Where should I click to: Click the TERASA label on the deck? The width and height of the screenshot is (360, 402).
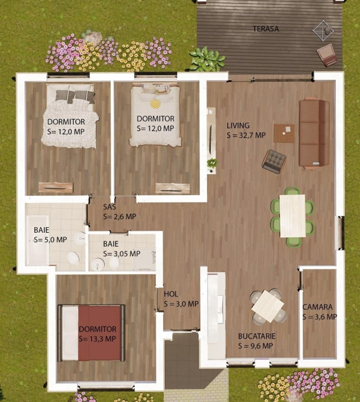pyautogui.click(x=266, y=29)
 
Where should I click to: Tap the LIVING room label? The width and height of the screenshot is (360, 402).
pyautogui.click(x=238, y=125)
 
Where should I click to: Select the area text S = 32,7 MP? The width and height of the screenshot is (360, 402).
pyautogui.click(x=246, y=135)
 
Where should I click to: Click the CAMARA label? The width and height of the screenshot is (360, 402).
pyautogui.click(x=317, y=307)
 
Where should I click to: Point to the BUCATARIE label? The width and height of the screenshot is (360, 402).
pyautogui.click(x=256, y=336)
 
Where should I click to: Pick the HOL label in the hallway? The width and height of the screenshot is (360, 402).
pyautogui.click(x=171, y=294)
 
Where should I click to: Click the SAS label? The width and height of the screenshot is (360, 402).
pyautogui.click(x=110, y=207)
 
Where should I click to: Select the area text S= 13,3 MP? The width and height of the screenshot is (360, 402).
pyautogui.click(x=97, y=338)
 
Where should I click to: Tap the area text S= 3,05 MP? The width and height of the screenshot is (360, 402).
pyautogui.click(x=122, y=254)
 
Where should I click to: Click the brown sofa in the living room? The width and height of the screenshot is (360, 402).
pyautogui.click(x=314, y=133)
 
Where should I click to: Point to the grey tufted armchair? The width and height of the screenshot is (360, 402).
pyautogui.click(x=274, y=161)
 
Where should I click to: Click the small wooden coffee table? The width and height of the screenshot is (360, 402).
pyautogui.click(x=284, y=133)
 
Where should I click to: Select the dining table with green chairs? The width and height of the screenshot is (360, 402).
pyautogui.click(x=292, y=216)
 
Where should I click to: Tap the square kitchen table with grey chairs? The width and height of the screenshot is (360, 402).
pyautogui.click(x=268, y=306)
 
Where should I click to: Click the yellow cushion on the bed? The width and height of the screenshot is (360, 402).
pyautogui.click(x=155, y=103)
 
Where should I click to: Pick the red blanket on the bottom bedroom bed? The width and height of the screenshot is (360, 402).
pyautogui.click(x=100, y=333)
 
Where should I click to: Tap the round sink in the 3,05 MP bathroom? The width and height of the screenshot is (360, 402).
pyautogui.click(x=98, y=264)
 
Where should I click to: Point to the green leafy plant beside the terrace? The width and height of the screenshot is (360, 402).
pyautogui.click(x=207, y=58)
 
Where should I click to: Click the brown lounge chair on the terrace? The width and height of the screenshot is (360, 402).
pyautogui.click(x=327, y=55)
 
